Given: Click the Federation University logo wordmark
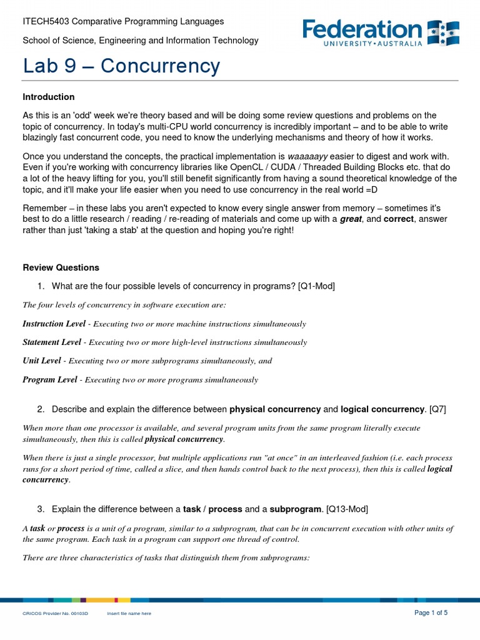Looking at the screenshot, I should point(362,29).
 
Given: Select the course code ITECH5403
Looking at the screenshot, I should point(46,21).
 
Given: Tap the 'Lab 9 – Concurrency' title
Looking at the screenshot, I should point(121,66).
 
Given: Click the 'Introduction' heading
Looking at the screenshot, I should point(49,97).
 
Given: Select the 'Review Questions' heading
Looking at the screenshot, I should point(61,267).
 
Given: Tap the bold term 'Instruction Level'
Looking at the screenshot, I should point(53,324).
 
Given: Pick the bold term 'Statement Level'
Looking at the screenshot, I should point(52,342).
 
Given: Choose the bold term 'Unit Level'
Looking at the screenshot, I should point(42,361).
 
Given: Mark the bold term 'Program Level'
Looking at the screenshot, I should point(50,379).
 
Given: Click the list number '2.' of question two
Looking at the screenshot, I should point(41,409).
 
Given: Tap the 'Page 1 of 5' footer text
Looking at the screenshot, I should point(431,612).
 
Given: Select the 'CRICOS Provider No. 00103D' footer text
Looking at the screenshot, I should point(56,614).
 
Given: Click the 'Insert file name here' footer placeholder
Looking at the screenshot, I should point(129,614).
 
